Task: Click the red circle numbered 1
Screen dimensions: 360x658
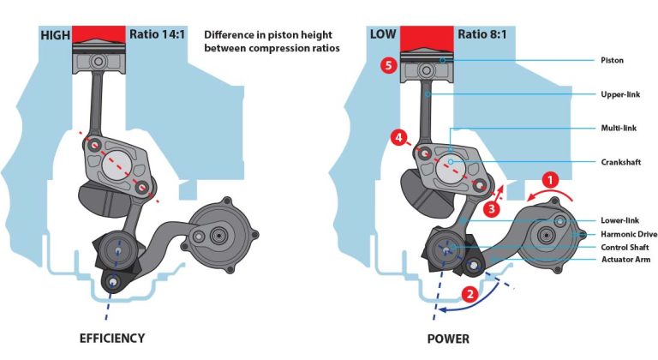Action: [x=552, y=181]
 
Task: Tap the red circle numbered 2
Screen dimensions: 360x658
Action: [x=470, y=293]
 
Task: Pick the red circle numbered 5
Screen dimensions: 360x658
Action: [x=389, y=66]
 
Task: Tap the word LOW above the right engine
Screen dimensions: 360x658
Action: [x=383, y=35]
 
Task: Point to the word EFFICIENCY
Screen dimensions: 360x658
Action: [x=110, y=338]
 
